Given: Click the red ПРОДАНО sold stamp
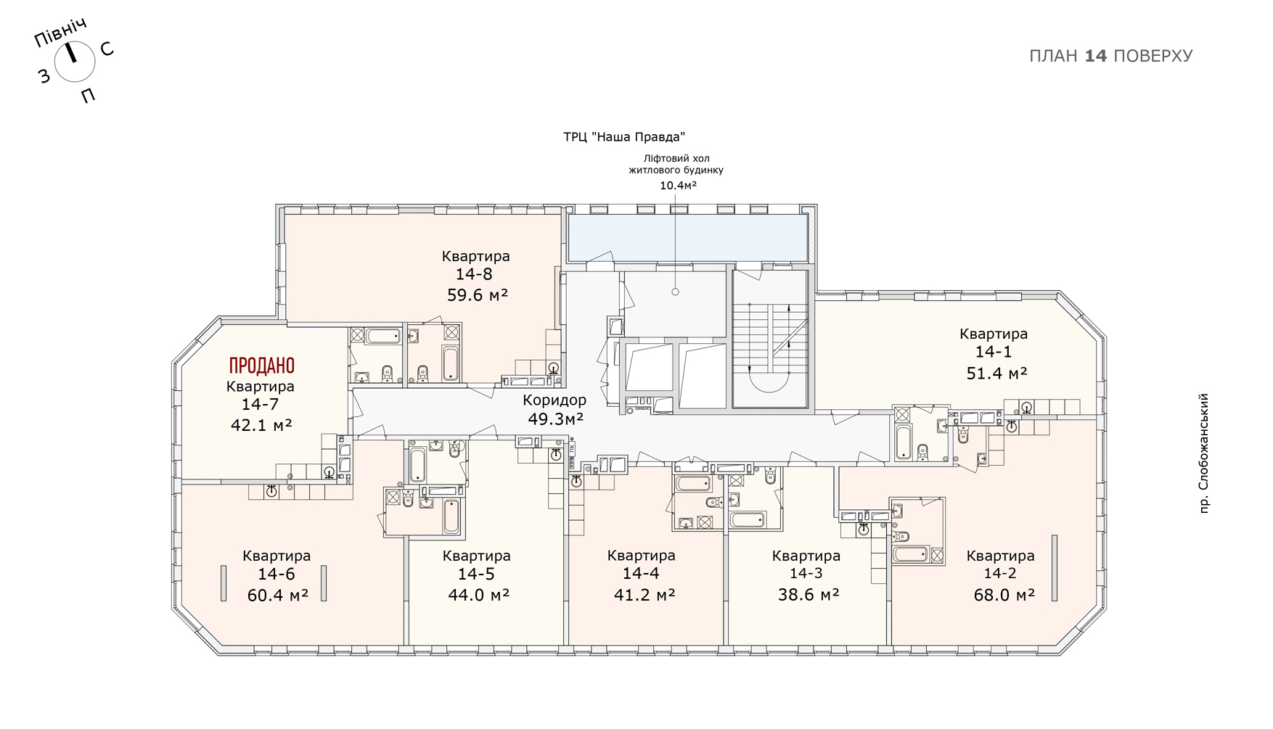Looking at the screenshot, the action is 262,365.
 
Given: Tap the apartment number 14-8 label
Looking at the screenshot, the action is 474,274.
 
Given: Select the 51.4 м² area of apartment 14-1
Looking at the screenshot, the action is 996,373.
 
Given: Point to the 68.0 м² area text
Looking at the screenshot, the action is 1004,595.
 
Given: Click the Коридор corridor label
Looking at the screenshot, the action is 554,400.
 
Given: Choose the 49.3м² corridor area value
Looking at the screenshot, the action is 556,419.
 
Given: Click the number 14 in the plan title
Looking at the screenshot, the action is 1095,56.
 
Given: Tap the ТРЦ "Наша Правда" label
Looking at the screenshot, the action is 624,137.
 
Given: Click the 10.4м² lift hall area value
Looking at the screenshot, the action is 678,186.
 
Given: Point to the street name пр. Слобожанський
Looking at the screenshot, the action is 1204,453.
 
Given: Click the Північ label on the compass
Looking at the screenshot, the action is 61,33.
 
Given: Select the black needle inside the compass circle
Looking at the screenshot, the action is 71,52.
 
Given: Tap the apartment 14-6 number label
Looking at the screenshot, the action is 277,574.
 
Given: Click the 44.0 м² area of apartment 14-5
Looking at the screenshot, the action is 478,595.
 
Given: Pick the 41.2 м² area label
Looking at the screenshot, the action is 644,595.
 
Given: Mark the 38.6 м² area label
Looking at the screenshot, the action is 809,595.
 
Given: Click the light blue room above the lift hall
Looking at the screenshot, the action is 687,237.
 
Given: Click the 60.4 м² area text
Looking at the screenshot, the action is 278,595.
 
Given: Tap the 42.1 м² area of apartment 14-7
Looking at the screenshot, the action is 261,425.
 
